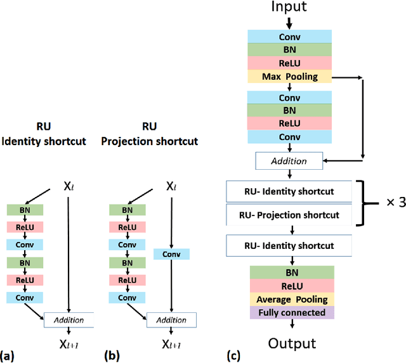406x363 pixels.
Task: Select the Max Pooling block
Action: click(289, 77)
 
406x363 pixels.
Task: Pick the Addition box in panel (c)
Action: click(289, 161)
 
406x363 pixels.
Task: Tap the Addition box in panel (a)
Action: click(69, 321)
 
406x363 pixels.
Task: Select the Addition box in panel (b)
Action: click(171, 321)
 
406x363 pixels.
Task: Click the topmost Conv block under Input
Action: click(289, 37)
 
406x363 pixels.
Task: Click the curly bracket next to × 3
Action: click(365, 203)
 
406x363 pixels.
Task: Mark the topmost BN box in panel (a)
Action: click(25, 210)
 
